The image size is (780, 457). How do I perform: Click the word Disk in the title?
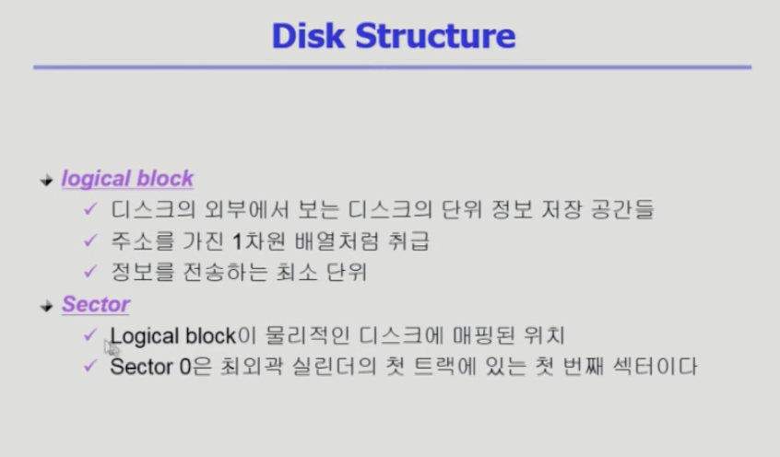(x=309, y=36)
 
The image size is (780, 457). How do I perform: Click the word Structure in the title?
(x=436, y=36)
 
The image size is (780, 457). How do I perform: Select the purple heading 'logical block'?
(x=127, y=179)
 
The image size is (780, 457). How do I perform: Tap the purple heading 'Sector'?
(x=96, y=304)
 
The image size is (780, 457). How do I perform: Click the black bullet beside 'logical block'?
(x=46, y=180)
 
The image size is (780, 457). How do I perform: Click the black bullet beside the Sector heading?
(x=46, y=306)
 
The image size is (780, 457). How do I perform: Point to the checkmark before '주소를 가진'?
(x=90, y=240)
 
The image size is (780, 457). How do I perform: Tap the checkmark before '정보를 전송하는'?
(x=90, y=271)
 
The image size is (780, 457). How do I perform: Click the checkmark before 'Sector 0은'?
(x=90, y=366)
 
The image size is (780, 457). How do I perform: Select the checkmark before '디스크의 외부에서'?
(x=90, y=209)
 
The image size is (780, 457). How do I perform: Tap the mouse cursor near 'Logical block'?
(x=112, y=347)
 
